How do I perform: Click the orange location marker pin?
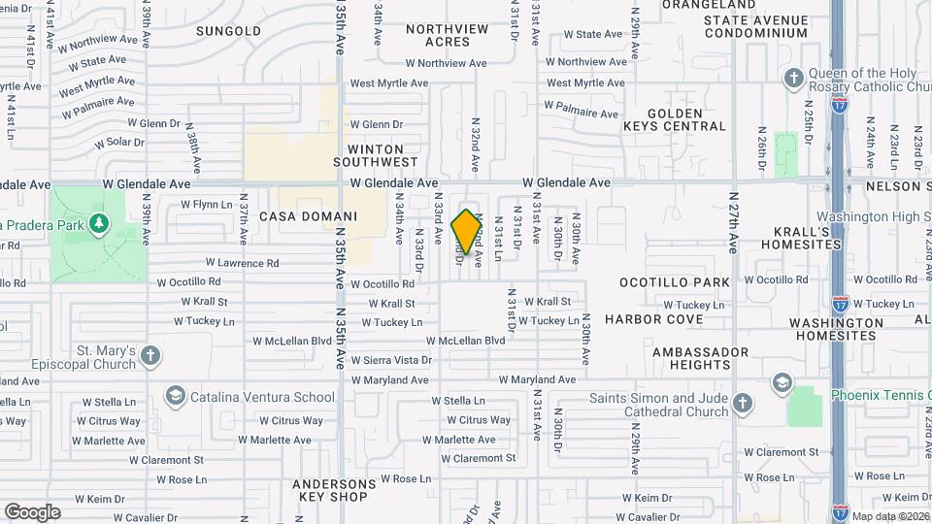pos(467,231)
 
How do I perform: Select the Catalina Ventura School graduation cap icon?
pos(175,396)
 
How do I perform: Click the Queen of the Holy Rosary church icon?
pos(793,78)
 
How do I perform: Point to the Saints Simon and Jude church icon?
pos(742,403)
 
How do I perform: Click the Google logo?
pos(32,511)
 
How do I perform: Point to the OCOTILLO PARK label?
pos(675,282)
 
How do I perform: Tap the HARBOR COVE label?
pos(653,319)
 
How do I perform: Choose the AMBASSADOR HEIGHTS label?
pos(700,358)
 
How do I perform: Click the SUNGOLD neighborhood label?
pos(228,31)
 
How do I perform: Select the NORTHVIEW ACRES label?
pos(447,36)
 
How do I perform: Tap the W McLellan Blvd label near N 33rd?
pos(466,341)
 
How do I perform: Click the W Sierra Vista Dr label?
pos(391,360)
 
